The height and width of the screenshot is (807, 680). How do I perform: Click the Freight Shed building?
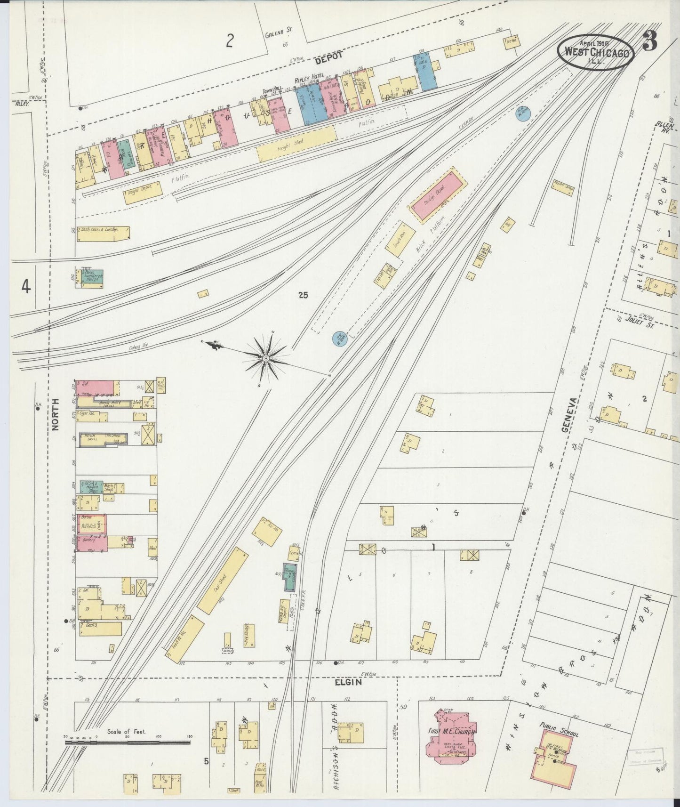point(296,144)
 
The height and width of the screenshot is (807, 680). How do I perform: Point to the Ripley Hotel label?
point(309,81)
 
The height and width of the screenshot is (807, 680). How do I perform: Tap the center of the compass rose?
point(266,359)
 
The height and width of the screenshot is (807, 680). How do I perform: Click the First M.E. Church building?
point(449,744)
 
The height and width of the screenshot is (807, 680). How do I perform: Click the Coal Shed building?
point(222,581)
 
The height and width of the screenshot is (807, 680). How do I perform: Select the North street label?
point(56,415)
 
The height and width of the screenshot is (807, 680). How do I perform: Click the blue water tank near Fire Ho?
point(523,113)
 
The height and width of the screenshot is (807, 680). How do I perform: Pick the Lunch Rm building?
point(401,240)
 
